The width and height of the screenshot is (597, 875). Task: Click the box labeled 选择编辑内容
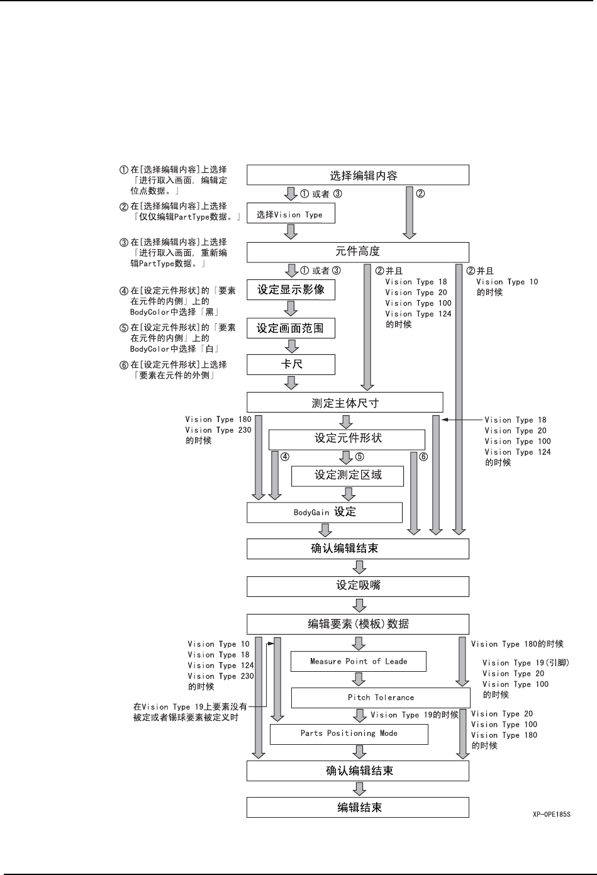click(357, 175)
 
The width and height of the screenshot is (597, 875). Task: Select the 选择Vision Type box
click(290, 214)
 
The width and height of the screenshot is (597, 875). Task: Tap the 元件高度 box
click(357, 252)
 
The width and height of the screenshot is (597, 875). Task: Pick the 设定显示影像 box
click(290, 290)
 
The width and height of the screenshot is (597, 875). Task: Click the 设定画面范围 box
click(290, 328)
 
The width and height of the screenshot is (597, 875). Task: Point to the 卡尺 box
click(290, 364)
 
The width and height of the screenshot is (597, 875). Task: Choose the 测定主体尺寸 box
click(345, 403)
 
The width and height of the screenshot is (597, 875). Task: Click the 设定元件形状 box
click(347, 438)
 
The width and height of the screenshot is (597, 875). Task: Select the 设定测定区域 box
click(347, 475)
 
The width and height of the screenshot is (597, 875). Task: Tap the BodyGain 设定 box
click(324, 512)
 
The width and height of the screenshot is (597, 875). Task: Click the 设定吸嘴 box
click(357, 586)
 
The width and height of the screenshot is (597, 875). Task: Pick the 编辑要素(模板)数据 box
click(357, 624)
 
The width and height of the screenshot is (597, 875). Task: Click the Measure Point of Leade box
click(358, 661)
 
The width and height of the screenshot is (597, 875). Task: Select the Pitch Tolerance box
click(380, 697)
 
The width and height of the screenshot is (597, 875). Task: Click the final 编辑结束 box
click(357, 807)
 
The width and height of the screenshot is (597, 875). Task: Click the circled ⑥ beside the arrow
click(423, 457)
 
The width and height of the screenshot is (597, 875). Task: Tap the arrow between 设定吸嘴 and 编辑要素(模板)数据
click(359, 605)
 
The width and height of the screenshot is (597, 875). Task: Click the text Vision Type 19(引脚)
click(525, 662)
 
